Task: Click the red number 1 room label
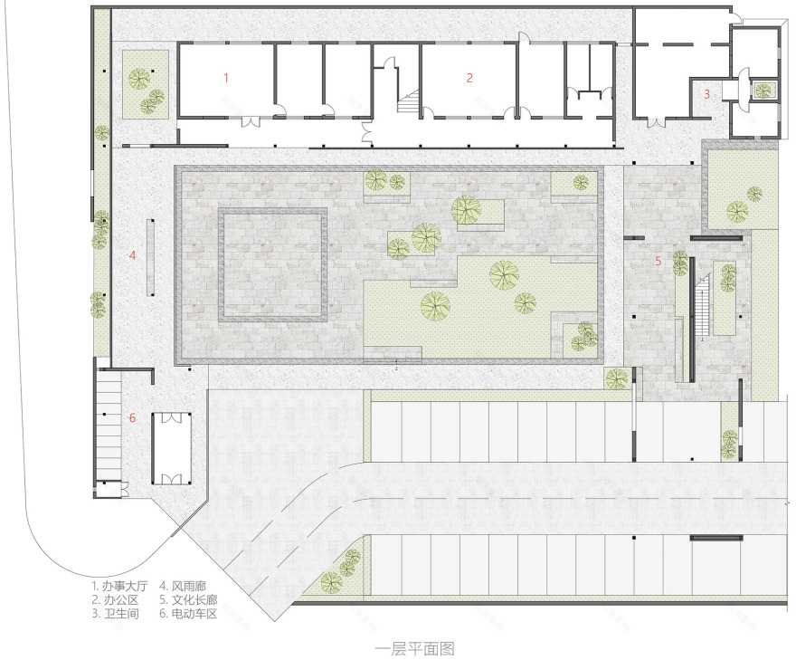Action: (226, 78)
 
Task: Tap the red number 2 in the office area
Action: (469, 78)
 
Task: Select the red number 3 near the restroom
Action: (706, 94)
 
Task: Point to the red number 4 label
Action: (132, 255)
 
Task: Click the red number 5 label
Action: (659, 261)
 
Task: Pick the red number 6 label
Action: (132, 417)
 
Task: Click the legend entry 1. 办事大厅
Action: (119, 587)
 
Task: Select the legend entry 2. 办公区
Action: (115, 600)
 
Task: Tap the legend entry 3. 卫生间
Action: (115, 614)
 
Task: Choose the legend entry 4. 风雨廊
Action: (183, 587)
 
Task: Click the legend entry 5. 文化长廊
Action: (188, 600)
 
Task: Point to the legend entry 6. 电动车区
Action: (188, 614)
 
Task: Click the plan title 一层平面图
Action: (415, 649)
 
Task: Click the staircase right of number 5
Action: (702, 306)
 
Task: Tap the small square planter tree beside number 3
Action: (763, 91)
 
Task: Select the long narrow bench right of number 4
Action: (150, 257)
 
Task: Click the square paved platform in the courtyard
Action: (272, 264)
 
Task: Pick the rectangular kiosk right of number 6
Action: (172, 449)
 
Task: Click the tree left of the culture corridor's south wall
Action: (617, 378)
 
